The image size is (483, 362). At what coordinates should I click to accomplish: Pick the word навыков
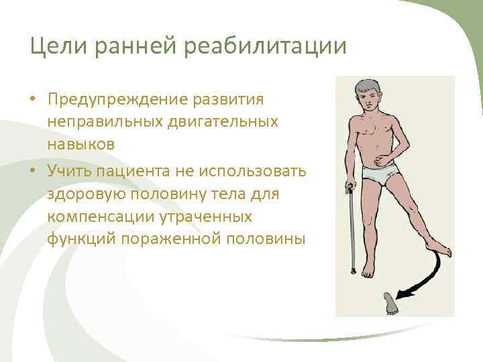(x=81, y=143)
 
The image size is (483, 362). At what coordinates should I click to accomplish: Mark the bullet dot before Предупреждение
(x=32, y=101)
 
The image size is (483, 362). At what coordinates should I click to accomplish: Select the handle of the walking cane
(x=349, y=187)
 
